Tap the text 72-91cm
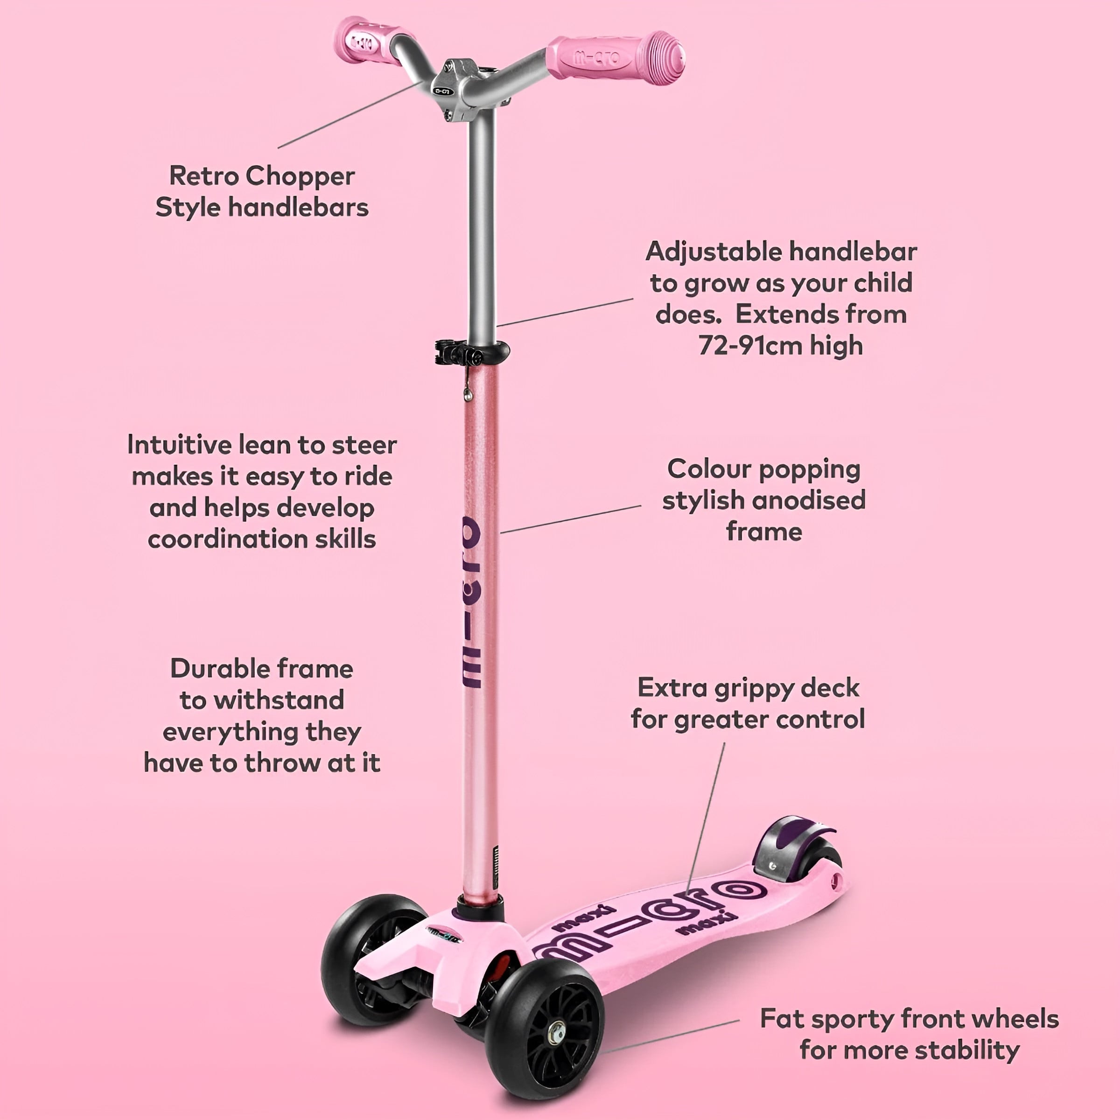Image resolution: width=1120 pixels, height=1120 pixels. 749,345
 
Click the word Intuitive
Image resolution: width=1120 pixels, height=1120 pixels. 180,445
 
